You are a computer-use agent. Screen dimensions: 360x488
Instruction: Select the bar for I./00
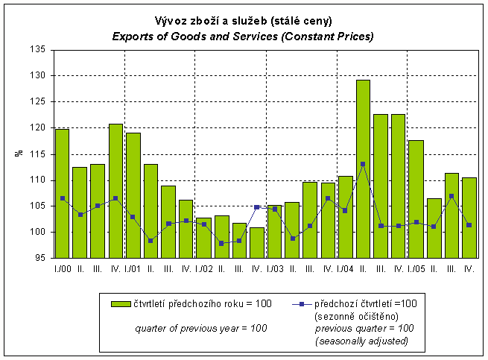pos(62,194)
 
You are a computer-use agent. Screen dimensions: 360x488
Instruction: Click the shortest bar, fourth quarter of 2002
pos(256,242)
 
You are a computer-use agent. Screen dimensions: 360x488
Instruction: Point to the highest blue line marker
pos(363,164)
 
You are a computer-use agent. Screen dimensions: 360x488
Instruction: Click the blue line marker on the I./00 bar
pos(62,198)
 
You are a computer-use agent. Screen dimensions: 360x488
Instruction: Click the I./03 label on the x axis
pos(274,268)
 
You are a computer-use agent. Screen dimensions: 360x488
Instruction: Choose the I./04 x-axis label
pos(345,268)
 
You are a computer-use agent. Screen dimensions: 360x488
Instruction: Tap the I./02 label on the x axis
pos(203,268)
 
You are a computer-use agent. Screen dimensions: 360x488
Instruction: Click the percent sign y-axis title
pos(19,154)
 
